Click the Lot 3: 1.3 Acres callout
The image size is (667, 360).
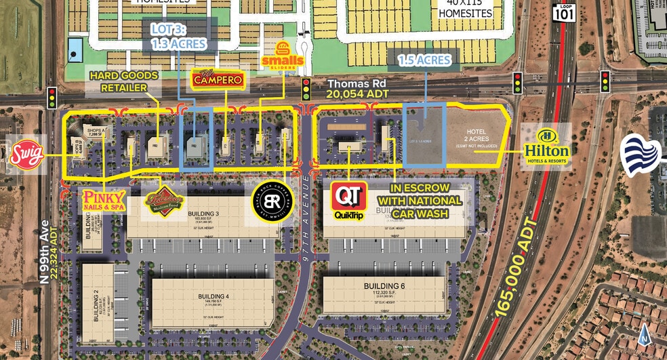(x=179, y=37)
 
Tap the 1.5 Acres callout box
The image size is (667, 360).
(x=424, y=60)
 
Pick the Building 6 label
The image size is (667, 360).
(x=384, y=286)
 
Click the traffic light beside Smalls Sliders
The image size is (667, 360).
(x=306, y=88)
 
